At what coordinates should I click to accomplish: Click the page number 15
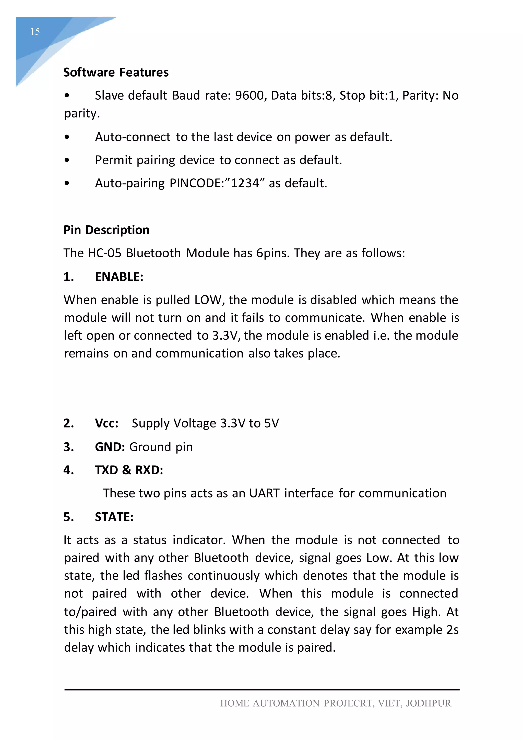(35, 32)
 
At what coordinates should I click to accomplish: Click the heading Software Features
(116, 73)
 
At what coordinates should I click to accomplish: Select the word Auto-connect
(132, 137)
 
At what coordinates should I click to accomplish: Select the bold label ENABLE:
(119, 277)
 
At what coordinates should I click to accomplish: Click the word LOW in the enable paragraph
(208, 300)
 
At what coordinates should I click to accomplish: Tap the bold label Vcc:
(106, 423)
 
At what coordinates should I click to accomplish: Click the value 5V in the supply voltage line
(271, 423)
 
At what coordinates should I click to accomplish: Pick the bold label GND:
(110, 447)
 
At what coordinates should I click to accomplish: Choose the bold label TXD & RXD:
(129, 470)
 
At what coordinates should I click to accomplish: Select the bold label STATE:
(114, 517)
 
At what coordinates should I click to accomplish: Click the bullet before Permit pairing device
(67, 160)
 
